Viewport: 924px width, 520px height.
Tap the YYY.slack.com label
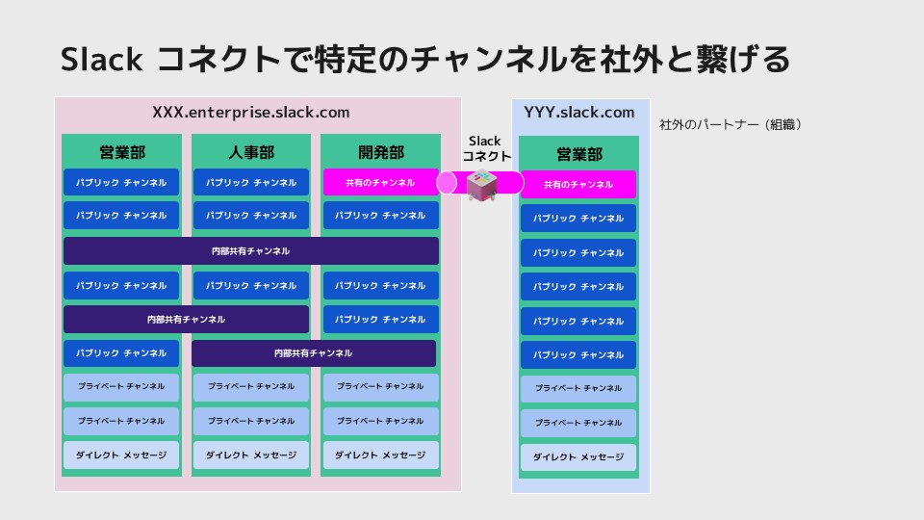pyautogui.click(x=579, y=113)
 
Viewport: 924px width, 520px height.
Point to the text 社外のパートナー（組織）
pyautogui.click(x=731, y=124)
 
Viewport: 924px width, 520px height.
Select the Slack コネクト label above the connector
pyautogui.click(x=485, y=148)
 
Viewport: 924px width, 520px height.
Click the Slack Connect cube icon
pyautogui.click(x=480, y=184)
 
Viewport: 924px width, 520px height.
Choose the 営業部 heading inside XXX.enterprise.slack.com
pyautogui.click(x=121, y=152)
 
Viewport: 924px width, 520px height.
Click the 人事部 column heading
pyautogui.click(x=251, y=152)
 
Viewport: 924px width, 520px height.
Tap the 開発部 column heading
pyautogui.click(x=380, y=152)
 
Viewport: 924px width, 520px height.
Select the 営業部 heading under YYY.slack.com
pyautogui.click(x=579, y=154)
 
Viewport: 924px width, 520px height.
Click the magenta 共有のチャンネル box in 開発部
pyautogui.click(x=380, y=182)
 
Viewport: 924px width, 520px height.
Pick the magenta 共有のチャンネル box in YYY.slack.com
pyautogui.click(x=578, y=184)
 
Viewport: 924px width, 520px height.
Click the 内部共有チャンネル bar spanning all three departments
pyautogui.click(x=251, y=251)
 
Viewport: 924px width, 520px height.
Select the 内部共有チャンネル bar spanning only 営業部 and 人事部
pyautogui.click(x=187, y=319)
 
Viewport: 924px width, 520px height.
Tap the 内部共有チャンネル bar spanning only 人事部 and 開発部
pyautogui.click(x=314, y=353)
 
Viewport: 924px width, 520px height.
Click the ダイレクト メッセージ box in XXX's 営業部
pyautogui.click(x=121, y=455)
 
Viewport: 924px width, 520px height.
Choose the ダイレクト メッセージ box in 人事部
pyautogui.click(x=251, y=455)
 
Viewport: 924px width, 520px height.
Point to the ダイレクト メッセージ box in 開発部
pyautogui.click(x=380, y=455)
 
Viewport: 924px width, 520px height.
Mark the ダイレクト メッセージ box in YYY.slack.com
pyautogui.click(x=578, y=457)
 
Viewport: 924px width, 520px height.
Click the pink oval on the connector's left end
pyautogui.click(x=447, y=182)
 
